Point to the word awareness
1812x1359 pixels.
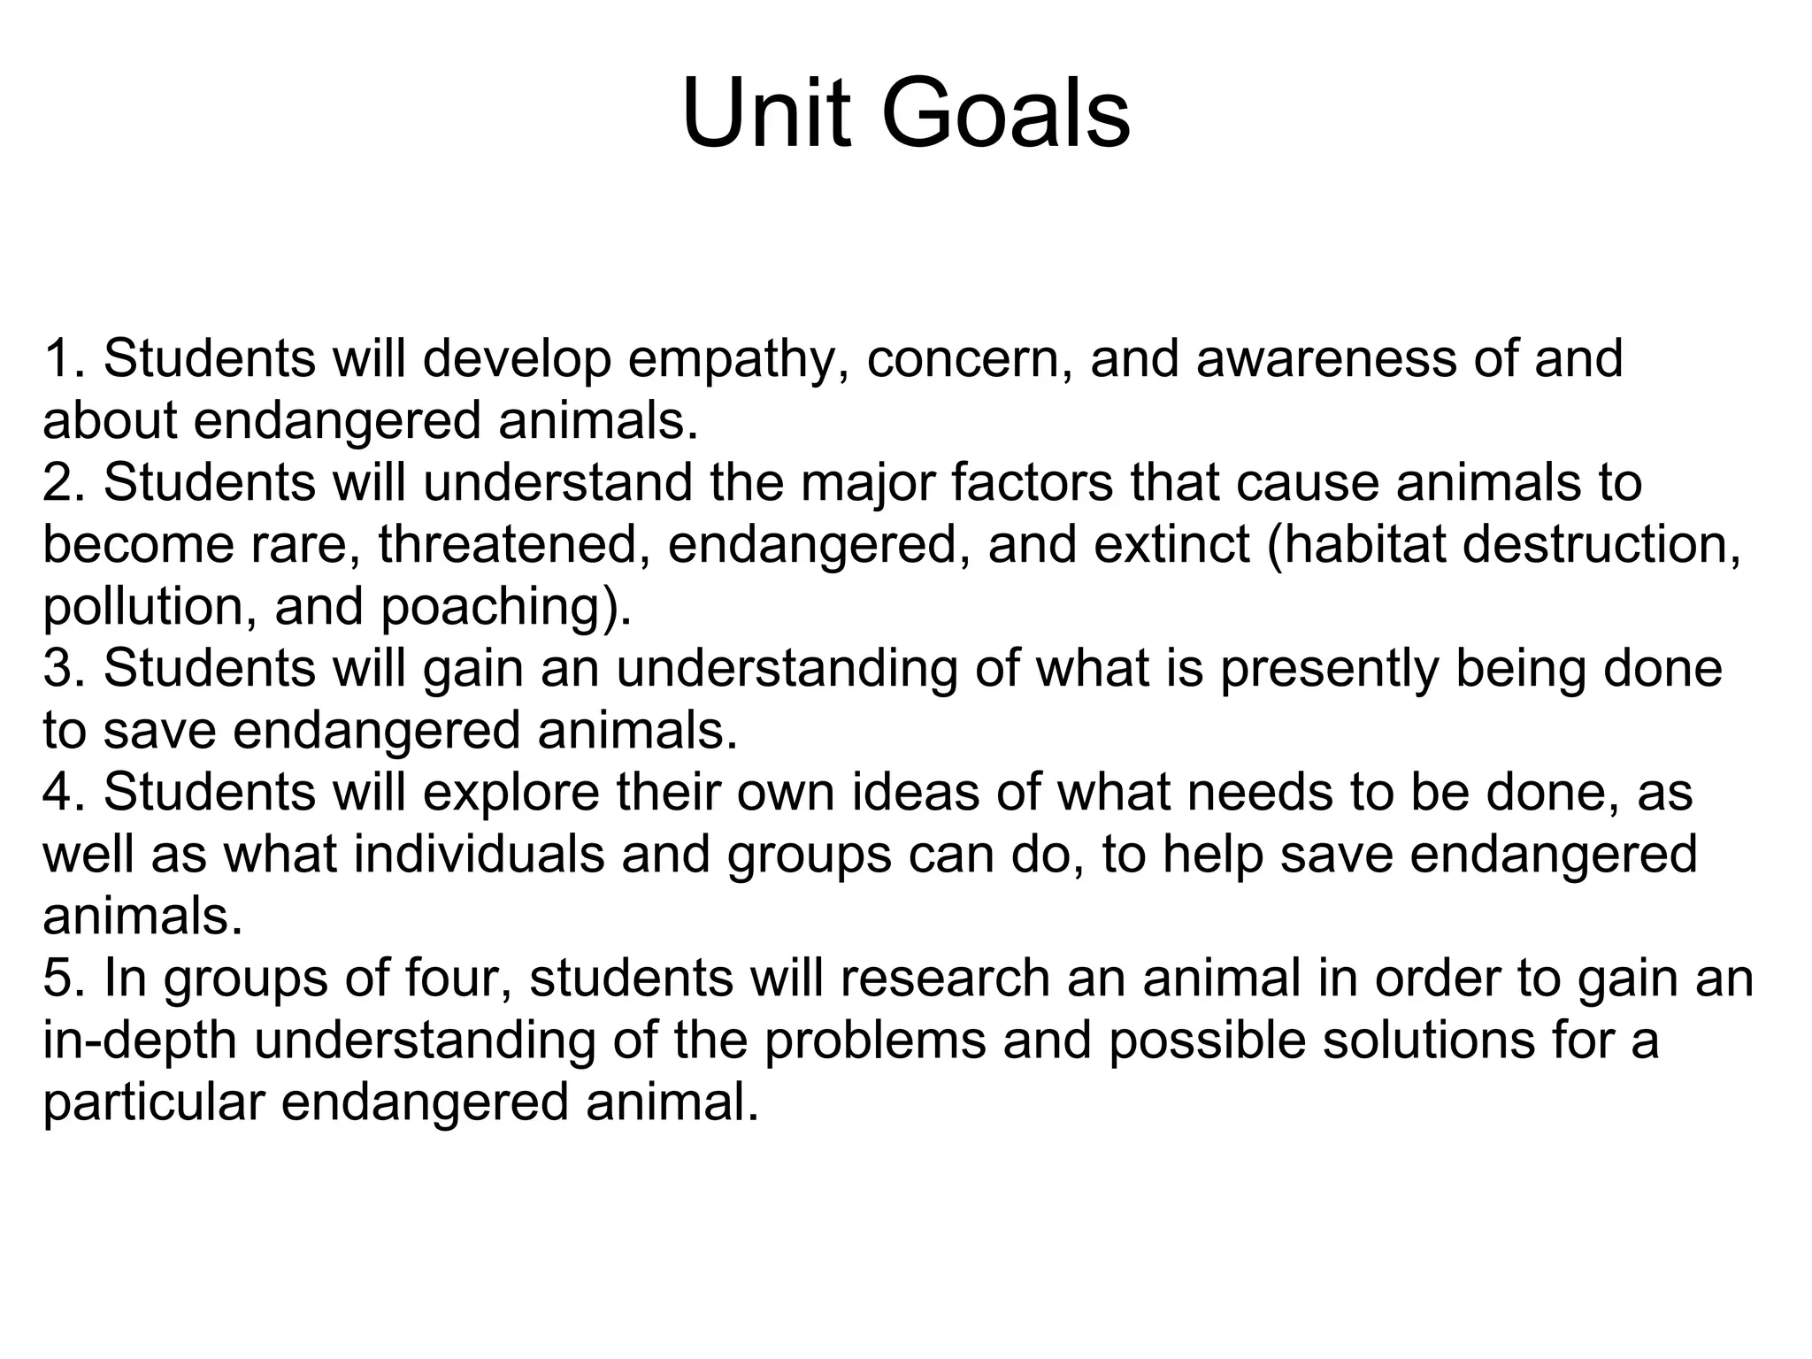point(1325,359)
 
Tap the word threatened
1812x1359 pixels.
point(508,545)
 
